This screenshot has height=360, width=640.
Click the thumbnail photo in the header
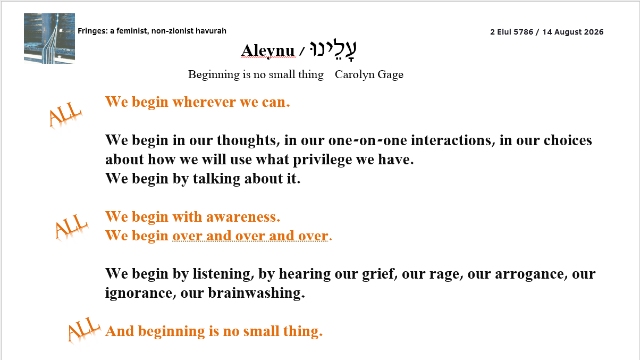click(49, 38)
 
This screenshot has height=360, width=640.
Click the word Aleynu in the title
click(268, 51)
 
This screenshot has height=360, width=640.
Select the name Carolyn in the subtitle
click(355, 75)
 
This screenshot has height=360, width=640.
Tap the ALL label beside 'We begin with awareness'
click(71, 227)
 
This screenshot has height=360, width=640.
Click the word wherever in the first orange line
click(204, 102)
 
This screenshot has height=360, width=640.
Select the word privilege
click(322, 160)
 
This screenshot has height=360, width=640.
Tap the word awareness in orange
click(243, 217)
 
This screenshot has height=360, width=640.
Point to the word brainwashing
click(256, 294)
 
